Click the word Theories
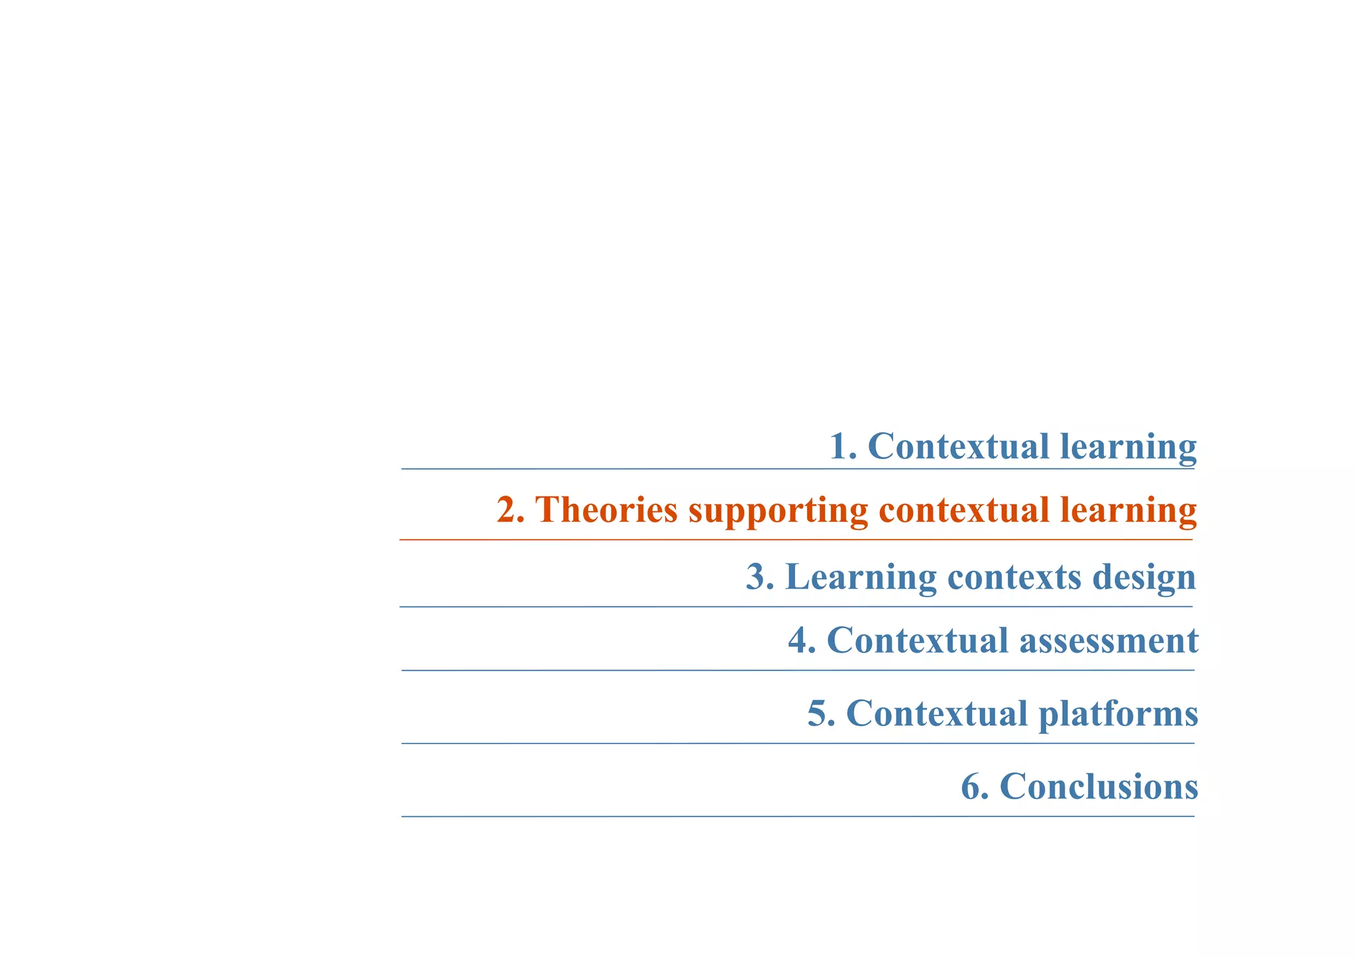[x=606, y=510]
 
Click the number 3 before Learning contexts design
[x=756, y=577]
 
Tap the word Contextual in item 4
[x=918, y=641]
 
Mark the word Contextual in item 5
[x=937, y=714]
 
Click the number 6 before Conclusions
[x=971, y=787]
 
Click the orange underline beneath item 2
[x=795, y=540]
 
